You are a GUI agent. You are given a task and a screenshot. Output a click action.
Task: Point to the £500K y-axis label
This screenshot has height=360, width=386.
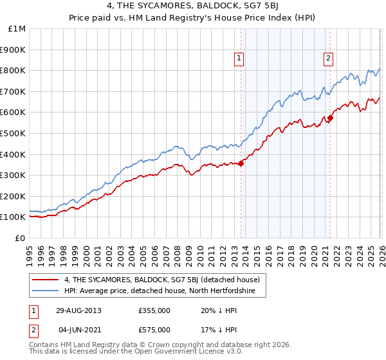click(14, 133)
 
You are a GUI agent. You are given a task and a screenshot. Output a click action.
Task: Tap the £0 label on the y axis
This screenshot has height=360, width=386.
click(20, 238)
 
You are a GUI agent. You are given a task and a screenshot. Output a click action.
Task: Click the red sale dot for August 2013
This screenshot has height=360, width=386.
click(241, 163)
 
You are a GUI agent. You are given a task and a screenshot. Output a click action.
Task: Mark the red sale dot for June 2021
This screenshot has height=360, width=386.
click(330, 118)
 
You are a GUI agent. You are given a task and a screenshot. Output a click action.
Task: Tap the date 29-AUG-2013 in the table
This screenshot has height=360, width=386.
click(78, 310)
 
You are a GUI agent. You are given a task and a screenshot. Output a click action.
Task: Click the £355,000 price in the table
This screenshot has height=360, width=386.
click(154, 310)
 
